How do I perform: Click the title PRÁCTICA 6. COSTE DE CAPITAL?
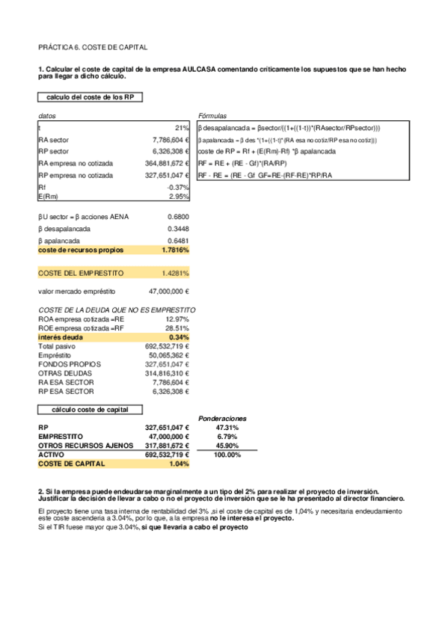[x=92, y=46]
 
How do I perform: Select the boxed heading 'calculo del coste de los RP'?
[x=85, y=97]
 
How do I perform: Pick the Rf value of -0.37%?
[x=178, y=187]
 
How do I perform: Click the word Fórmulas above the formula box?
[x=212, y=117]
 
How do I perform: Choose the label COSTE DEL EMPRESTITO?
[x=81, y=273]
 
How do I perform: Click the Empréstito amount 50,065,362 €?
[x=167, y=355]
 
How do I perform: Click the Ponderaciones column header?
[x=222, y=419]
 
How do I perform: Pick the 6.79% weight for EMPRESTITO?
[x=227, y=436]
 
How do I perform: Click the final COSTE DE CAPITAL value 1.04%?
[x=179, y=464]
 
